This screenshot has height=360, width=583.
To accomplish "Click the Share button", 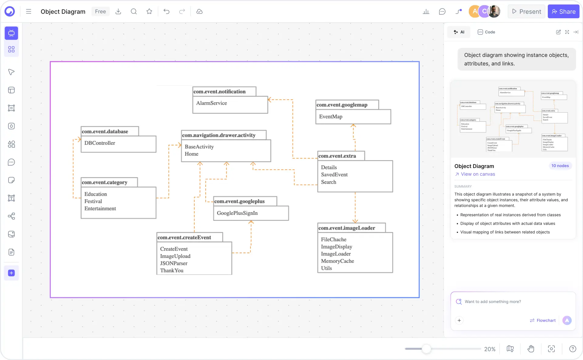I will point(563,12).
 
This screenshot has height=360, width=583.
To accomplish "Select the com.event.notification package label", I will point(219,92).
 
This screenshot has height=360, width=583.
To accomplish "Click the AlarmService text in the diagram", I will point(212,103).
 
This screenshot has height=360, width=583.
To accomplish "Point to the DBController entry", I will point(100,143).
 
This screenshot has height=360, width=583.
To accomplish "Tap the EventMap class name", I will point(330,117).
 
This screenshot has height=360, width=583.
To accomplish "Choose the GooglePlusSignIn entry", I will point(237,213).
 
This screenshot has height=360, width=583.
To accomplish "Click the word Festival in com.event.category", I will point(93,201).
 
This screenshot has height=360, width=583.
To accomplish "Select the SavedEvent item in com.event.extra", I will point(334,175).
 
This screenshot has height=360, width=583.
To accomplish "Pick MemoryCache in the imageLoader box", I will point(337,261).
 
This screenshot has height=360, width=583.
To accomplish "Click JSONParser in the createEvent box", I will point(174,264).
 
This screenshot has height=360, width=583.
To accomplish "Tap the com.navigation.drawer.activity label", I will point(219,135).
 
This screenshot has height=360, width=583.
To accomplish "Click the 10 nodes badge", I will point(560,166).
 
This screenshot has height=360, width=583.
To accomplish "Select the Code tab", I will point(486,32).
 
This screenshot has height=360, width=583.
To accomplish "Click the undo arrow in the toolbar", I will point(166,12).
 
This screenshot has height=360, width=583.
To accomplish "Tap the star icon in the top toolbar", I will point(149,12).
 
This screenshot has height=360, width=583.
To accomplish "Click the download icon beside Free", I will point(118,12).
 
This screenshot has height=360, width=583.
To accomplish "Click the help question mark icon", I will point(572,349).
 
